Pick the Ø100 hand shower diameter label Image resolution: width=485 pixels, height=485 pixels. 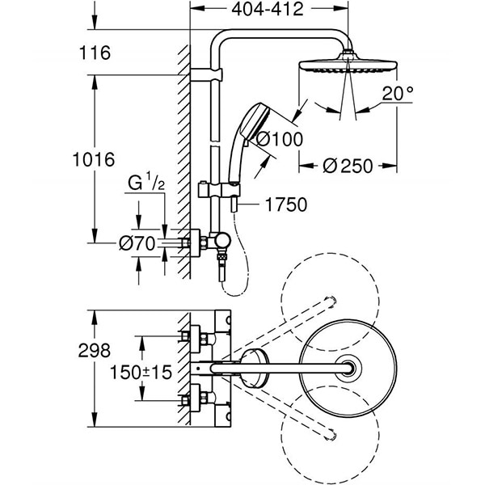click(279, 139)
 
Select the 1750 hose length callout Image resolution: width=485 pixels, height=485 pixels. click(285, 205)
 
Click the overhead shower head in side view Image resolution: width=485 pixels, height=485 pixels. click(348, 65)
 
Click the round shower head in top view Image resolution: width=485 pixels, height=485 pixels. click(349, 369)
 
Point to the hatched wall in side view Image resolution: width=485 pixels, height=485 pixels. click(183, 162)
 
